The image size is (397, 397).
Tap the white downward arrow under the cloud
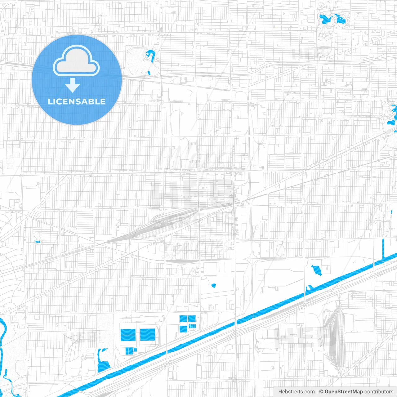click(x=72, y=85)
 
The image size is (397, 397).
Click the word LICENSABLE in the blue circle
click(x=77, y=101)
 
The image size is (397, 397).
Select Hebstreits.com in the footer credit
click(x=296, y=392)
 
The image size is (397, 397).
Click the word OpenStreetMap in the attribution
click(x=343, y=392)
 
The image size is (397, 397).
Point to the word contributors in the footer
click(x=379, y=392)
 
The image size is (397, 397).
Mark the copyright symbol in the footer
click(x=321, y=392)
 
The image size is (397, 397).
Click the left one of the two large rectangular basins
click(x=128, y=335)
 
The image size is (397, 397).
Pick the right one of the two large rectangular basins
click(x=147, y=335)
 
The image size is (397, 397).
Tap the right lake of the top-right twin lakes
click(x=341, y=19)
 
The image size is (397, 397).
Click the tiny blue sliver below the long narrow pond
click(x=149, y=73)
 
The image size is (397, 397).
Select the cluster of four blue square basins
click(x=188, y=323)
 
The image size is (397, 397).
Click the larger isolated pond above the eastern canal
click(x=317, y=270)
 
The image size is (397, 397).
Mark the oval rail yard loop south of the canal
click(x=332, y=341)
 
